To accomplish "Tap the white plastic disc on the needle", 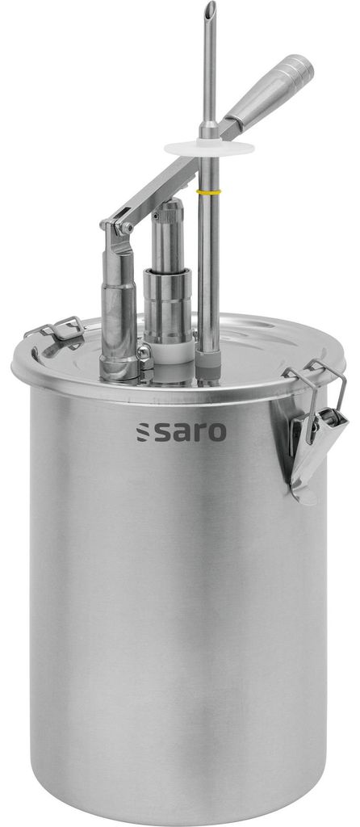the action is coord(209,148).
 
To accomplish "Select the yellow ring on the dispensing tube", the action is coord(208,191).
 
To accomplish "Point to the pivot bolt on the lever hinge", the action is coord(126,229).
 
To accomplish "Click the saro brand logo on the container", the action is coord(182,431).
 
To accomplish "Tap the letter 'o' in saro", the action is coord(216,433).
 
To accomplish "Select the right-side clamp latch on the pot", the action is coord(316,433).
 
